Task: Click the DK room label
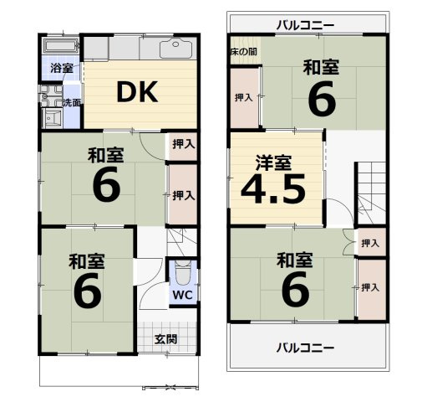(136, 93)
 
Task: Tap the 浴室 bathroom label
(60, 68)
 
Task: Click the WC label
(183, 295)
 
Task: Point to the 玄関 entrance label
(165, 339)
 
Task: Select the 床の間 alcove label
(244, 52)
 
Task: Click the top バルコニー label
(306, 23)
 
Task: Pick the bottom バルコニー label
(306, 348)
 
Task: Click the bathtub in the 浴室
(60, 46)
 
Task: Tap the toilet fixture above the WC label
(183, 274)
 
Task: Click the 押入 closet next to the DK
(182, 144)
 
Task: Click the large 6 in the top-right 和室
(322, 99)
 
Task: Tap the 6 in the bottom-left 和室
(87, 290)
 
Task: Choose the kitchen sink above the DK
(178, 49)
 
